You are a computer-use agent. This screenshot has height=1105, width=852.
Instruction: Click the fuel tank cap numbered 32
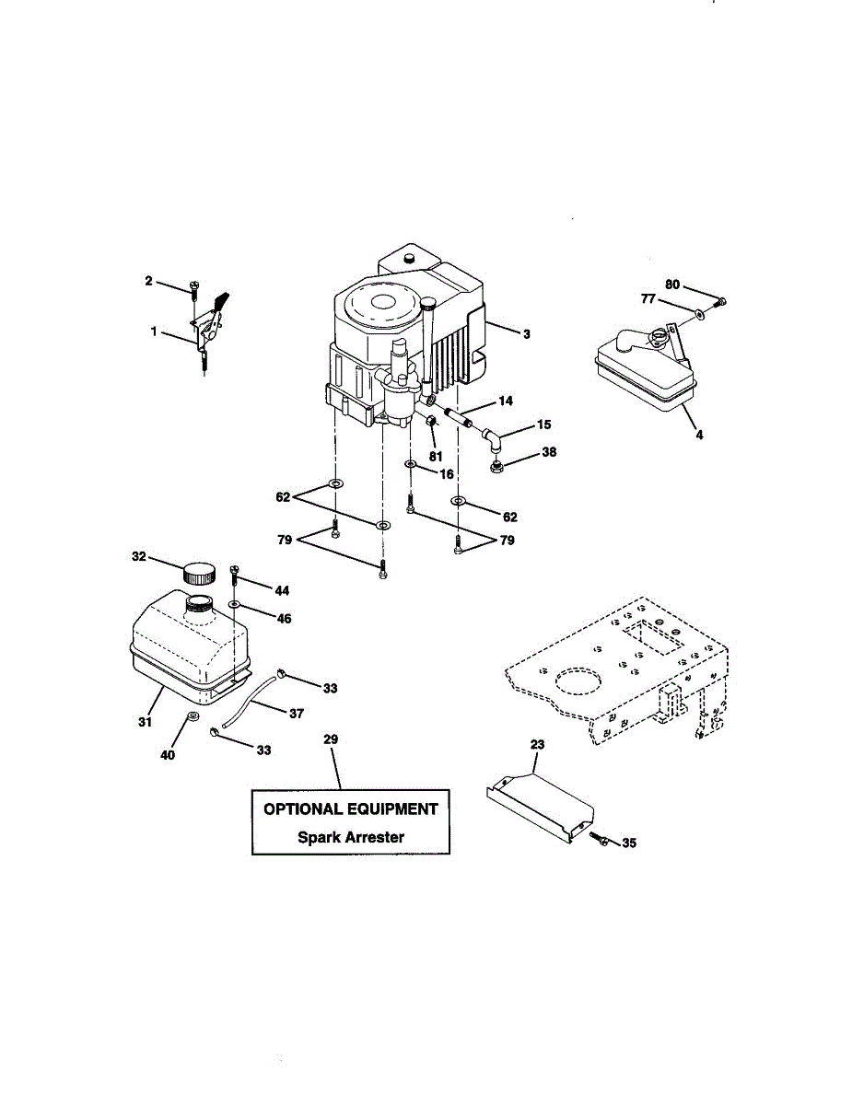coord(200,574)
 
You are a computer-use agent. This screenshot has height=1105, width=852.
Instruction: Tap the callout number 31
coord(145,723)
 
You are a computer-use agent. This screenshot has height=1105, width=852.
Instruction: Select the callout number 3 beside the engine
coord(526,334)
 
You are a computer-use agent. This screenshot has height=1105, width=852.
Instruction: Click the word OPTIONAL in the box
coord(305,809)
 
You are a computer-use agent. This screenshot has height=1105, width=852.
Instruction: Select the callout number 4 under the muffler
coord(699,434)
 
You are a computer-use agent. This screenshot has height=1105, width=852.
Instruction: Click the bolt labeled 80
coord(722,301)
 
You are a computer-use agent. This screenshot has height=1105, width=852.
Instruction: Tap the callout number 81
coord(436,455)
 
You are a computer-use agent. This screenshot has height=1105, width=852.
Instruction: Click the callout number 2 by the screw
coord(148,281)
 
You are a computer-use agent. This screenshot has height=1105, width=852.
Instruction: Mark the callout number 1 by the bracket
coord(154,331)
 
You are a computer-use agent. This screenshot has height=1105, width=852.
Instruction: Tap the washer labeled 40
coord(193,717)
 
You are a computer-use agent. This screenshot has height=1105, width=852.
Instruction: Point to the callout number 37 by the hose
coord(296,714)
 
